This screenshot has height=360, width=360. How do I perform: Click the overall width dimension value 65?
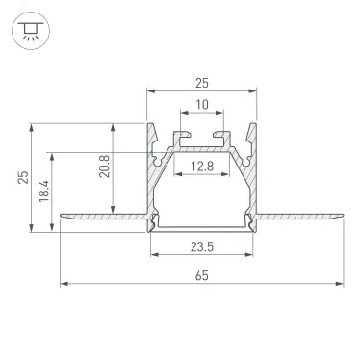202,275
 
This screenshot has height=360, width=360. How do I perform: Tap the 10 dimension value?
202,105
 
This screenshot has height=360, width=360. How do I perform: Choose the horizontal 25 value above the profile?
202,84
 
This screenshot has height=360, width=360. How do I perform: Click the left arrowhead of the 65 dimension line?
64,284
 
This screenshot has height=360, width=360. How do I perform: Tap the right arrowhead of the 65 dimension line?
340,284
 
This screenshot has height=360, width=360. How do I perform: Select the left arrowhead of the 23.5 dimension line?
154,255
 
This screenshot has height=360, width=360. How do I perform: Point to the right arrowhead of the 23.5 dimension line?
251,255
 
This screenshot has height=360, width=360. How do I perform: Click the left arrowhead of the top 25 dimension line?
150,92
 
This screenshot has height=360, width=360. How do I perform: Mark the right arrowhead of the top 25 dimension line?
255,92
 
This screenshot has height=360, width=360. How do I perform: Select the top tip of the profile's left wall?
148,125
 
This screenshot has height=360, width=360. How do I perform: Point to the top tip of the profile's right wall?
257,125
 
